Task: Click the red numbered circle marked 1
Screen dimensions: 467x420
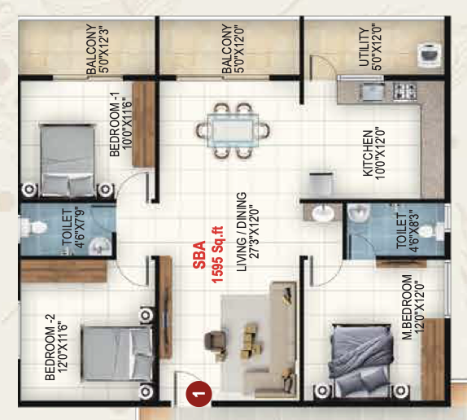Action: [x=199, y=393]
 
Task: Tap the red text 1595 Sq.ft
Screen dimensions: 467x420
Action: [x=217, y=255]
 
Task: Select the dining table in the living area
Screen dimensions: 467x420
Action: [x=233, y=130]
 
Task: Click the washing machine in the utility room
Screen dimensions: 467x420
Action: [x=430, y=55]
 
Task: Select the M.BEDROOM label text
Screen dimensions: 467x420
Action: [x=407, y=307]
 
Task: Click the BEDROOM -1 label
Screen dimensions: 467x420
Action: [x=115, y=124]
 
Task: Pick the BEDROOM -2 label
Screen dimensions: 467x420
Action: [x=50, y=347]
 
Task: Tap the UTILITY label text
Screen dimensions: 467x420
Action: [x=364, y=46]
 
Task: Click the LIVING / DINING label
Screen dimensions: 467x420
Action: [x=242, y=231]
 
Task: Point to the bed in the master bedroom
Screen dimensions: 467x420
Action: [x=360, y=361]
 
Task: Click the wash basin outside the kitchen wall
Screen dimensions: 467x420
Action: [x=322, y=212]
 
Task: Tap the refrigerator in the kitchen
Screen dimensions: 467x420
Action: [x=321, y=182]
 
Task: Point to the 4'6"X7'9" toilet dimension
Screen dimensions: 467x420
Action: [x=80, y=227]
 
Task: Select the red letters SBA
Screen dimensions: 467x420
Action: [x=199, y=255]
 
